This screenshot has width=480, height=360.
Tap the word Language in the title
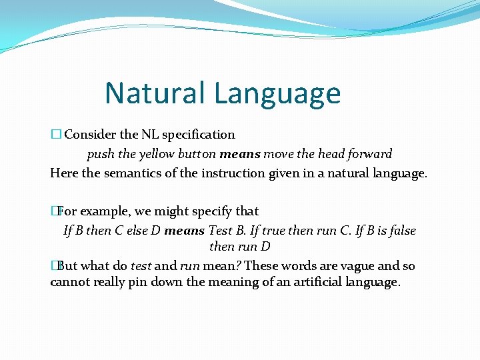click(x=277, y=94)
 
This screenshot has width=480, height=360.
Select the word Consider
click(x=90, y=135)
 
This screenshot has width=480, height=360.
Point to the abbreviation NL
click(x=150, y=135)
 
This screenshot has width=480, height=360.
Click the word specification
click(x=199, y=135)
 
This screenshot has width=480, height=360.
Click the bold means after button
click(x=240, y=154)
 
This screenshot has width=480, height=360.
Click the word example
click(x=106, y=211)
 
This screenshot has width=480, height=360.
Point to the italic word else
click(x=135, y=231)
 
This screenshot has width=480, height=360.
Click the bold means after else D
click(x=185, y=231)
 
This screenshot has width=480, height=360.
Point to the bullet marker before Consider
click(x=55, y=135)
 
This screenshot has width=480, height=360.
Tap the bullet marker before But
click(x=54, y=266)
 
